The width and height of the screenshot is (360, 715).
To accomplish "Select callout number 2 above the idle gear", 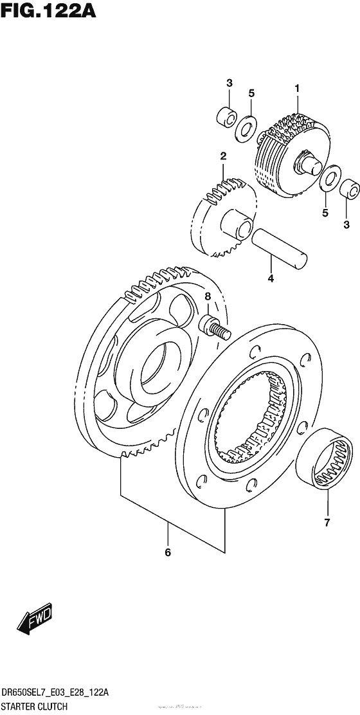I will point(222,156).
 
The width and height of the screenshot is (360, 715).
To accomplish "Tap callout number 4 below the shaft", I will point(271,278).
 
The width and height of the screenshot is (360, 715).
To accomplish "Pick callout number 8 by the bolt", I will point(208,296).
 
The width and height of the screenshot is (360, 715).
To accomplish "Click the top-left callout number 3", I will point(228,83).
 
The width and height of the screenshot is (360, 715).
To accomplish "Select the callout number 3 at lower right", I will point(346,224).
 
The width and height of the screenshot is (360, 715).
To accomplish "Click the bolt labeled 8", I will point(216,326).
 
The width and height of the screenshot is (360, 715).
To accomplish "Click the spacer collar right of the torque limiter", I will point(350,189).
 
